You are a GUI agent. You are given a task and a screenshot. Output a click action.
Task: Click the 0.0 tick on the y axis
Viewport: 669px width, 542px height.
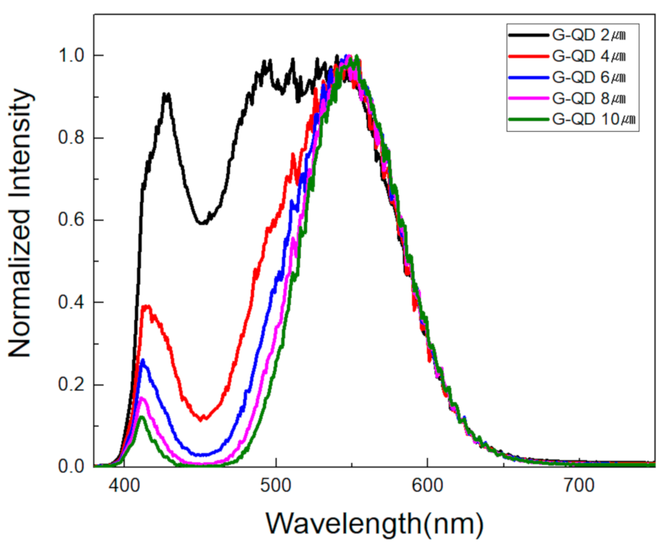71,467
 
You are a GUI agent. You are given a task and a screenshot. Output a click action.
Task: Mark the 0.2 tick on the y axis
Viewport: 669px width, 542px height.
71,384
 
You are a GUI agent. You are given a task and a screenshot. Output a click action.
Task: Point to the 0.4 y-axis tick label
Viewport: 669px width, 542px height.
71,303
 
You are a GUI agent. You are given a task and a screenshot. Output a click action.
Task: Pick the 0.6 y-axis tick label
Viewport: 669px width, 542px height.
71,220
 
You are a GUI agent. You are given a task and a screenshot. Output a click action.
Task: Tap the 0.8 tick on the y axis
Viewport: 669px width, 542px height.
71,137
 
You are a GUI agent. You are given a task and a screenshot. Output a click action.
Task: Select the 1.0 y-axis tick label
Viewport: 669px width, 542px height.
71,56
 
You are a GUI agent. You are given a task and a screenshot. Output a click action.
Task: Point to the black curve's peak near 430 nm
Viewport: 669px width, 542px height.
167,94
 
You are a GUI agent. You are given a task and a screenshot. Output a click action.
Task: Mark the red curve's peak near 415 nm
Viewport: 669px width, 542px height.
146,306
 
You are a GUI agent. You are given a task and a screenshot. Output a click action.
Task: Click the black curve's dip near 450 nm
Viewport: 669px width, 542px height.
202,223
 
